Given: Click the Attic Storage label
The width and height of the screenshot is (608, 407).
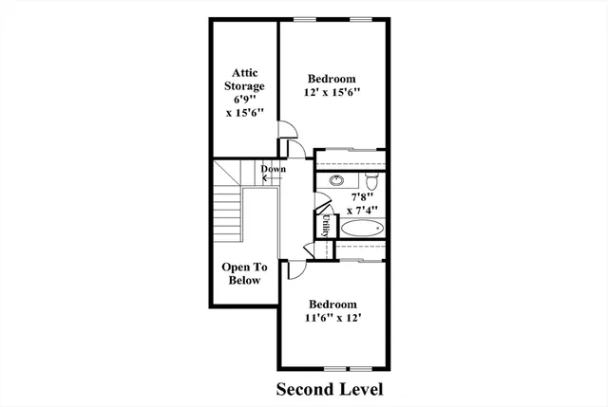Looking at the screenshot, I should (x=243, y=79).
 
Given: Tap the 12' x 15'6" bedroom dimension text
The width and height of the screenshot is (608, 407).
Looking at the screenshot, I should (x=332, y=92).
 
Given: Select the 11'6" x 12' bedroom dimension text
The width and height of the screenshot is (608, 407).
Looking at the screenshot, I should (x=332, y=319).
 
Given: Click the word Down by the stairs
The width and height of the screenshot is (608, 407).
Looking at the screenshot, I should (x=274, y=170).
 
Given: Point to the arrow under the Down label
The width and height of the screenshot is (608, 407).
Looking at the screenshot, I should (x=271, y=179).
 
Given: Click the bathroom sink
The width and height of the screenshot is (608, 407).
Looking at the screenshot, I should (x=337, y=179).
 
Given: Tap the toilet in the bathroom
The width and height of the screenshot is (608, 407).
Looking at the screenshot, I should (x=373, y=180).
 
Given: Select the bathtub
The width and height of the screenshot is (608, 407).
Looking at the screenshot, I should (x=361, y=228).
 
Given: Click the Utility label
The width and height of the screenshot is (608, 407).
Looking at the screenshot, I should (x=324, y=224).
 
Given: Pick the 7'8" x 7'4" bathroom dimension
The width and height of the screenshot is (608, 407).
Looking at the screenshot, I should (x=362, y=203).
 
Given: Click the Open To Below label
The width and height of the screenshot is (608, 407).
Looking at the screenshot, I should (x=244, y=274).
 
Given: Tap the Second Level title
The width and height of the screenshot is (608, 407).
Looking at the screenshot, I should (x=330, y=389).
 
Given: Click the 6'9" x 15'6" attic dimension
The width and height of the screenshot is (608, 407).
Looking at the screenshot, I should (x=243, y=105).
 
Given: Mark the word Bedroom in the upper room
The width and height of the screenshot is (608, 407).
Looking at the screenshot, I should (x=332, y=78).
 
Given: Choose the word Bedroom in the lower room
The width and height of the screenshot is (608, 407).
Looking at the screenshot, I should (x=332, y=305).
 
